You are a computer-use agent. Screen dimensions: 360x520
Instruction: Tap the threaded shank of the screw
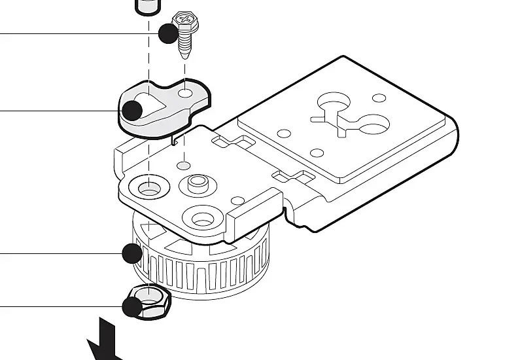[185, 44]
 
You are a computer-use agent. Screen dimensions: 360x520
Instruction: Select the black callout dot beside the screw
[169, 33]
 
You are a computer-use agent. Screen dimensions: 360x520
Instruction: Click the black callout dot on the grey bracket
[133, 110]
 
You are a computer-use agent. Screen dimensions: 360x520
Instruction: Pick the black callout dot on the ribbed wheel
[132, 253]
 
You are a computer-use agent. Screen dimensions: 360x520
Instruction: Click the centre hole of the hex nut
[151, 298]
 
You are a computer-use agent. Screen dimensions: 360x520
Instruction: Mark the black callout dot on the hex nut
[133, 306]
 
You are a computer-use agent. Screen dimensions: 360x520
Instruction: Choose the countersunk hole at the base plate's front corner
[202, 218]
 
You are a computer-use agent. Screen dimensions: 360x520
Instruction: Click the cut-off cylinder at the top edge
[148, 6]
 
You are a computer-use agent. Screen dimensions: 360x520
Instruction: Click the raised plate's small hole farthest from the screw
[379, 98]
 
